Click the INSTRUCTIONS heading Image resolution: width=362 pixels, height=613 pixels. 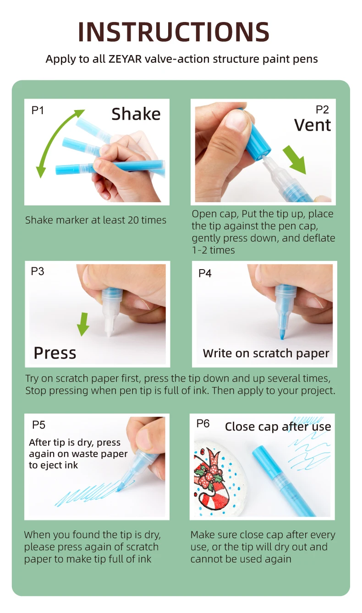pyautogui.click(x=174, y=32)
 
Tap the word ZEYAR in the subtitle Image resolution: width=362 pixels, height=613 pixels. pyautogui.click(x=125, y=59)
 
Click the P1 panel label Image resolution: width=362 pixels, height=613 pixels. pyautogui.click(x=38, y=110)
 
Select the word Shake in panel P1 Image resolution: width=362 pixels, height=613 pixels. pyautogui.click(x=136, y=114)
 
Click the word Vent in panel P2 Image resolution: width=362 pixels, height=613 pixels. pyautogui.click(x=313, y=125)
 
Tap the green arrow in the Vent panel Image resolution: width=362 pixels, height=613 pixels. pyautogui.click(x=295, y=160)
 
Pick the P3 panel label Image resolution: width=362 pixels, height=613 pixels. pyautogui.click(x=38, y=271)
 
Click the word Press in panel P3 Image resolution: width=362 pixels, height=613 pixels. pyautogui.click(x=55, y=353)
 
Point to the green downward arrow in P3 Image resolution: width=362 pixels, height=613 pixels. pyautogui.click(x=83, y=324)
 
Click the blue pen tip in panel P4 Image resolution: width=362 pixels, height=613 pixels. pyautogui.click(x=282, y=332)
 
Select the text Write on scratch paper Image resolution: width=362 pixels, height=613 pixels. pyautogui.click(x=266, y=353)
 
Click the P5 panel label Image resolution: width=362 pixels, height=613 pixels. pyautogui.click(x=38, y=425)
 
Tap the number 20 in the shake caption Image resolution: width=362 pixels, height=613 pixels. pyautogui.click(x=133, y=220)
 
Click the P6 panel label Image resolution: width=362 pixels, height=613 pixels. pyautogui.click(x=203, y=423)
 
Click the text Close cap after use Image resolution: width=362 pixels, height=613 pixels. pyautogui.click(x=278, y=427)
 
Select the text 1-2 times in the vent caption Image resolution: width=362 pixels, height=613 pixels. pyautogui.click(x=213, y=250)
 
